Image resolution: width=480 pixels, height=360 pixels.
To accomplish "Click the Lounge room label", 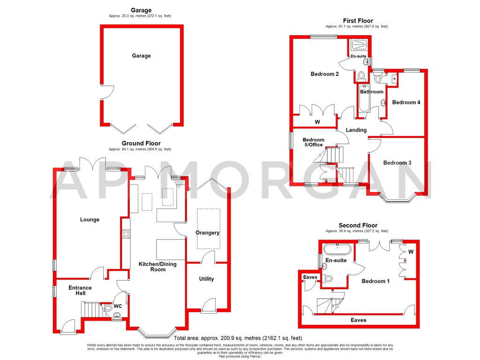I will coord(90,219).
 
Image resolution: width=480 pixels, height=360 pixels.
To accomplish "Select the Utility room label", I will coord(206,279).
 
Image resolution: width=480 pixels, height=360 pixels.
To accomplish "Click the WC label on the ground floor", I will coord(118,306).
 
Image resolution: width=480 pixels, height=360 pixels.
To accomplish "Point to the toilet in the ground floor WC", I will coord(107,308).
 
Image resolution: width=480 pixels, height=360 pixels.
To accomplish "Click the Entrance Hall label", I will coord(80,290).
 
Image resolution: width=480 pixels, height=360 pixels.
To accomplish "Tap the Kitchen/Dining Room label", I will coord(157,267).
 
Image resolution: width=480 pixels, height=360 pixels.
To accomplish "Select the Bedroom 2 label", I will coord(324,74).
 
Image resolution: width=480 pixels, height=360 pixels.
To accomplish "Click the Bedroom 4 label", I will coord(406,102).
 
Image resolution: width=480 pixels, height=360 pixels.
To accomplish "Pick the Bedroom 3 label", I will coord(397,163).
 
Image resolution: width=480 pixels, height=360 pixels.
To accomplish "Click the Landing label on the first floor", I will coord(356,130).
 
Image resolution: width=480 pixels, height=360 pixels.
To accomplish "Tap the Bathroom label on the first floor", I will coord(371,92).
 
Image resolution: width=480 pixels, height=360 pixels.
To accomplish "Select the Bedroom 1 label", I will coord(375,281).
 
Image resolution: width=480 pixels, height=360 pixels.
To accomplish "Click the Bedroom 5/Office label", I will coord(313,142).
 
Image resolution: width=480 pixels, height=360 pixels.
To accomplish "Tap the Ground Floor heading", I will coord(141,143).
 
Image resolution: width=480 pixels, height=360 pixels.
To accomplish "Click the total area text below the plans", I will coord(238,338).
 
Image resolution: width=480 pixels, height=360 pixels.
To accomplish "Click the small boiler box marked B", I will coord(394,79).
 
